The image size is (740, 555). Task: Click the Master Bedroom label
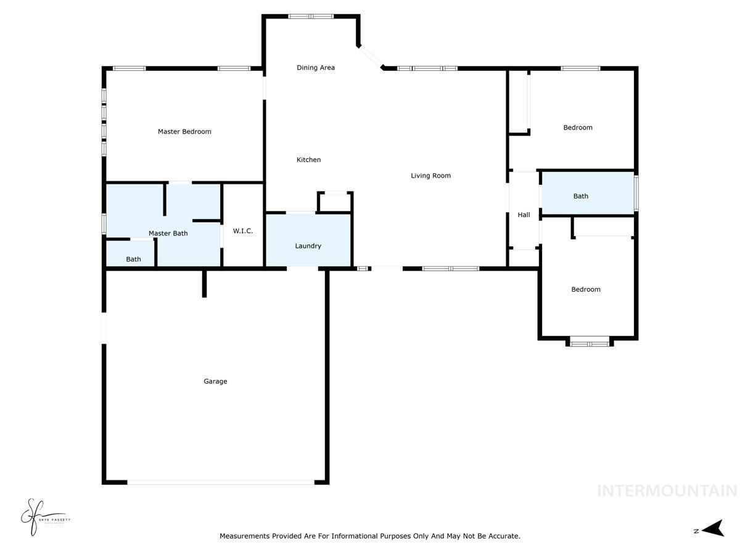click(184, 131)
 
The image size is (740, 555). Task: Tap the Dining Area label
click(316, 68)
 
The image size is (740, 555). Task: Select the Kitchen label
click(309, 160)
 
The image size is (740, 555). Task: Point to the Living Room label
click(431, 176)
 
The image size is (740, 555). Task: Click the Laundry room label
click(308, 246)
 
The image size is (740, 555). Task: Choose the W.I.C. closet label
click(243, 231)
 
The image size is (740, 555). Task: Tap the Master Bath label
click(168, 233)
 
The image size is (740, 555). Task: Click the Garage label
click(215, 381)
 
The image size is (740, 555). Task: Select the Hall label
click(524, 215)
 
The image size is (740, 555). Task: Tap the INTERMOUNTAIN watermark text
click(667, 491)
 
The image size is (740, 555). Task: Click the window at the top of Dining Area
click(311, 17)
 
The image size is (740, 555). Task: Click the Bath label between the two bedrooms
click(581, 196)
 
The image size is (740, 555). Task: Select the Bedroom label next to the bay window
click(585, 289)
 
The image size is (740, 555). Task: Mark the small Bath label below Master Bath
click(133, 259)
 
